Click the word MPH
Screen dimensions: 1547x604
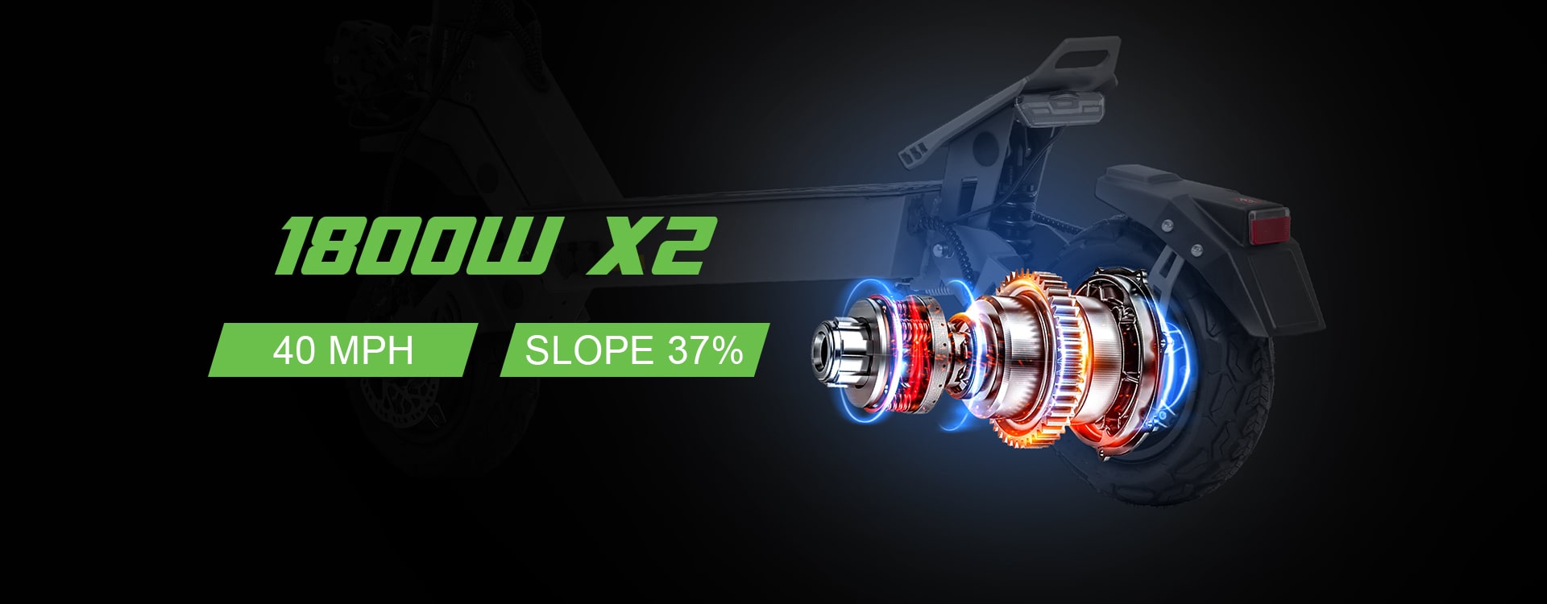tap(374, 351)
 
